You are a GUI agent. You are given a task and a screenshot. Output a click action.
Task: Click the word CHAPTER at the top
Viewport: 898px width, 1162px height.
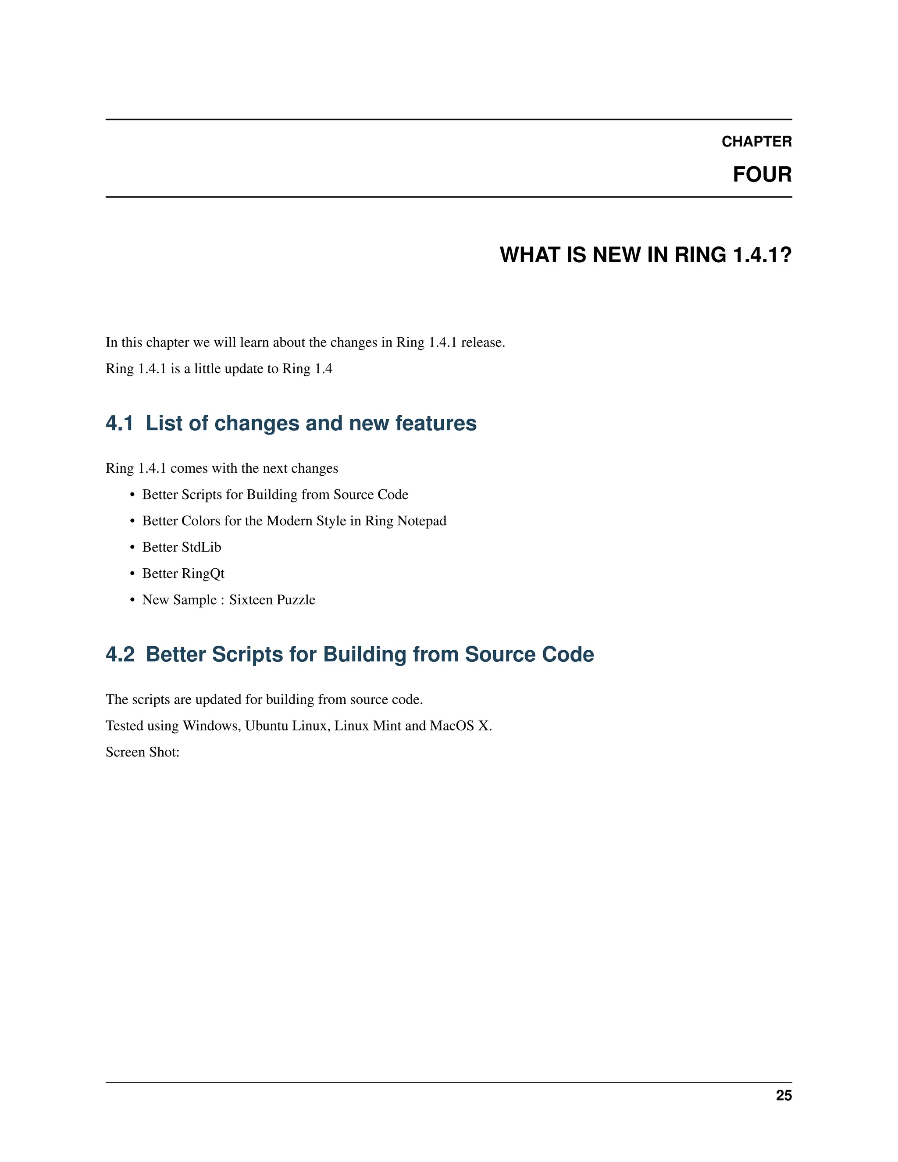point(756,142)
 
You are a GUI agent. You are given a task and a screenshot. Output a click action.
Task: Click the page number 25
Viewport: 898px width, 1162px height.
point(784,1095)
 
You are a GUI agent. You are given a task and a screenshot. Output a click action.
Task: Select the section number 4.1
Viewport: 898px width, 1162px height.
point(120,423)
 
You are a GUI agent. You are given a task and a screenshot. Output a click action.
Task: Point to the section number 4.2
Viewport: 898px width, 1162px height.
point(120,654)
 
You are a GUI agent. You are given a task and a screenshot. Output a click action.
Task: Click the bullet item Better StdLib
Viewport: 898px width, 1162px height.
point(182,547)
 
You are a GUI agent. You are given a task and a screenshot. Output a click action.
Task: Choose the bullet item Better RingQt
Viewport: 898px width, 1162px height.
point(183,574)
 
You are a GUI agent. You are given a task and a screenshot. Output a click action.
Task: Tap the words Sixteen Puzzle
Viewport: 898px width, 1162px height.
point(272,599)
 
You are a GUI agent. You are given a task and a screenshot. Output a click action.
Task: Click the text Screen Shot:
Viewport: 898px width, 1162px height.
point(143,752)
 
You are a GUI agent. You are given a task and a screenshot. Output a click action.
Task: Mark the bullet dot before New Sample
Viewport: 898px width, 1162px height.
point(132,600)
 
